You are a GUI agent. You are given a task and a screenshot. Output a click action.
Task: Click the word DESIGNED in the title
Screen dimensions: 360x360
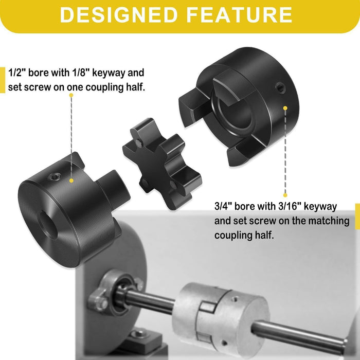click(x=121, y=15)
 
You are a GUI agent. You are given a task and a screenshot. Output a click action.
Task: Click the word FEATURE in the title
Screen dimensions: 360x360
click(x=241, y=15)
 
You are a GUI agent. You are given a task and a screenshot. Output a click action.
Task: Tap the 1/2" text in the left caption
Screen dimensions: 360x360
click(x=17, y=72)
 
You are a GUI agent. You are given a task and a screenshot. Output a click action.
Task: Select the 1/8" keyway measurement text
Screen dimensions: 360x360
click(x=89, y=72)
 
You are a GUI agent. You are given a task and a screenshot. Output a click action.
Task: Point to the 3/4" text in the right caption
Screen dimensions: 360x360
click(x=224, y=207)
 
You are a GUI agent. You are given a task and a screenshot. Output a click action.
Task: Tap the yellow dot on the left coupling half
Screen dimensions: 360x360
click(x=72, y=181)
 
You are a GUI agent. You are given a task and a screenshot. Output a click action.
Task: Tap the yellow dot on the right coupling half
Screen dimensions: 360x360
click(x=284, y=107)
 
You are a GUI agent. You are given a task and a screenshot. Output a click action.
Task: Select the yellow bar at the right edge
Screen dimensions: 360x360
click(x=357, y=216)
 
